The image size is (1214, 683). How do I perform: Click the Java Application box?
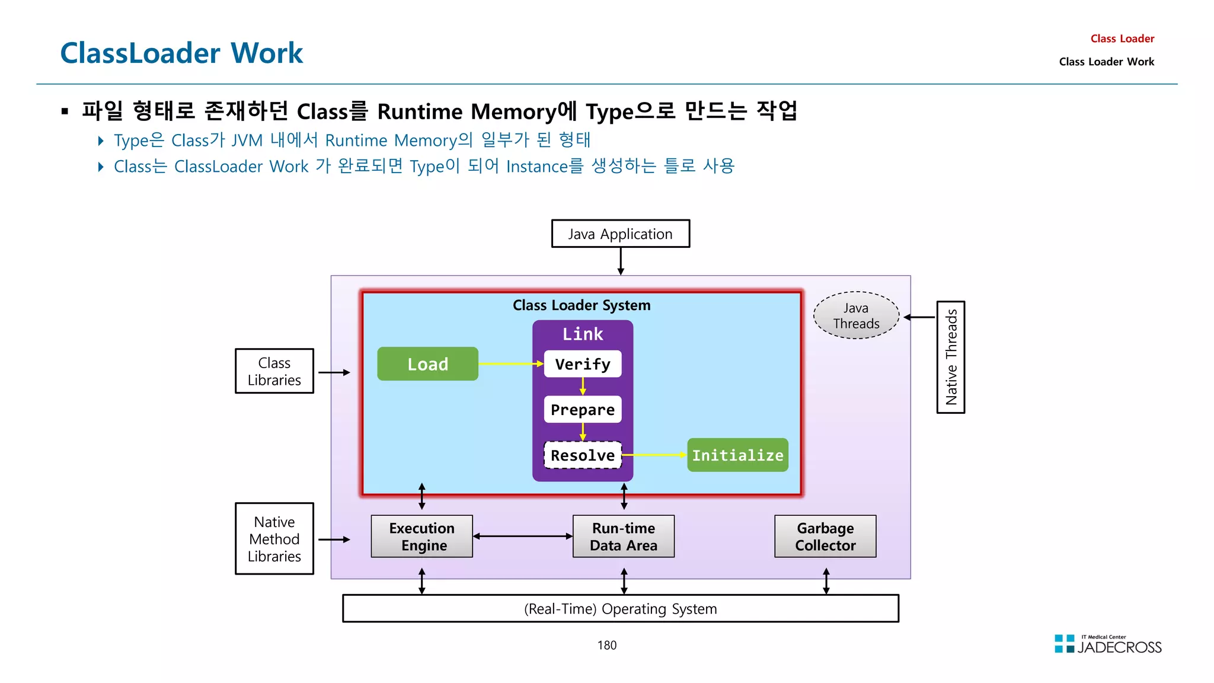click(620, 234)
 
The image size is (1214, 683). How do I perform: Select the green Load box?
click(427, 364)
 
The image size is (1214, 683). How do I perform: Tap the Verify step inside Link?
click(582, 364)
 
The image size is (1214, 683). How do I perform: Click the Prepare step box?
click(582, 410)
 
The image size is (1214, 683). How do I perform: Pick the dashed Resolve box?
click(582, 455)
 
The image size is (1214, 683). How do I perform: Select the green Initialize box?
click(737, 455)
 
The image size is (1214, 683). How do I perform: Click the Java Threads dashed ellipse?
click(856, 315)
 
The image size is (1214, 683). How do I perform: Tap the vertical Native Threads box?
click(950, 357)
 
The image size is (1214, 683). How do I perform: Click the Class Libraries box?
click(274, 371)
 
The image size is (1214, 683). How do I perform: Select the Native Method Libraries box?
click(274, 539)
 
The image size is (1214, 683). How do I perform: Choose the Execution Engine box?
click(421, 537)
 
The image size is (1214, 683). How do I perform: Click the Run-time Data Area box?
click(623, 537)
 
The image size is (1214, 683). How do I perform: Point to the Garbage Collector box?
click(825, 537)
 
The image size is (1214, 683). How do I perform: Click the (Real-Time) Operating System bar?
click(620, 609)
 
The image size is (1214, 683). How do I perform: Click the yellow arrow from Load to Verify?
click(510, 363)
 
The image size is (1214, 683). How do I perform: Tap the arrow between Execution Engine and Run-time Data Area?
click(522, 536)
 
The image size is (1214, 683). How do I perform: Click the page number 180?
click(606, 645)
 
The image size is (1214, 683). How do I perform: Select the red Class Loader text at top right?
click(1122, 39)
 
